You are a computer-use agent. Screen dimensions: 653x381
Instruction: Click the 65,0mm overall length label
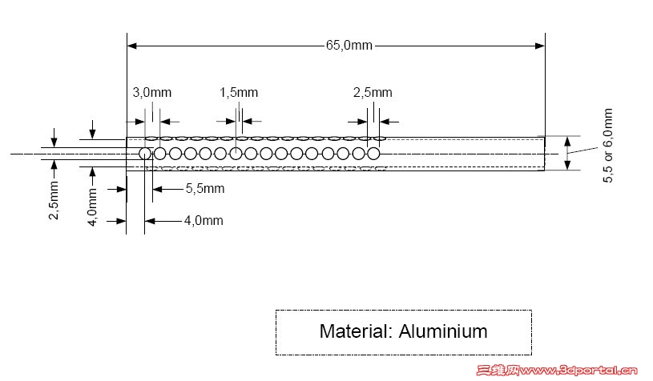349,46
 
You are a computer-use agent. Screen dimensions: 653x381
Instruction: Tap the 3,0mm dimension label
152,92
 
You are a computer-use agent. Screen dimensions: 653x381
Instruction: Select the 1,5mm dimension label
239,92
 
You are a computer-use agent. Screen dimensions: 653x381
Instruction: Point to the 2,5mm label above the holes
373,92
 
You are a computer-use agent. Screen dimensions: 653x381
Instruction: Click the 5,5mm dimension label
205,188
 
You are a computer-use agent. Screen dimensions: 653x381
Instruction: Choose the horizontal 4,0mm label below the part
204,220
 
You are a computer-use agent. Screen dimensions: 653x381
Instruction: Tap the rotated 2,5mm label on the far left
54,200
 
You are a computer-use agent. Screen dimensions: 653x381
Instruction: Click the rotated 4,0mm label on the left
92,207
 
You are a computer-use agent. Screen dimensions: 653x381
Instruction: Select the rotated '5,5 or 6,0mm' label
607,146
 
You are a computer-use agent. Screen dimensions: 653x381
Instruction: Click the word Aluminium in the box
443,331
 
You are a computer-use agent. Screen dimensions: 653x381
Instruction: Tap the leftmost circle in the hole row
145,154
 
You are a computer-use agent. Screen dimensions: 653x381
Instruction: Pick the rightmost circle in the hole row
373,154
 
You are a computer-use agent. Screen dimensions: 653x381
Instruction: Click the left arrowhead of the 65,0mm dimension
132,46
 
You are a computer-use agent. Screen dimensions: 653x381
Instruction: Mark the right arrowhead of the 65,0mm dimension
540,46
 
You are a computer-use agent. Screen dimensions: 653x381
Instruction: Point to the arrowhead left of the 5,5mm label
157,189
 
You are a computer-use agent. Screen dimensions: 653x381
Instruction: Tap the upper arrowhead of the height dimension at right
567,142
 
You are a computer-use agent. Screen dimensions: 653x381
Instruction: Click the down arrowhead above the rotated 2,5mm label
54,142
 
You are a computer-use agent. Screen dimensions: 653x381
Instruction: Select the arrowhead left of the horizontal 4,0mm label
150,221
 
